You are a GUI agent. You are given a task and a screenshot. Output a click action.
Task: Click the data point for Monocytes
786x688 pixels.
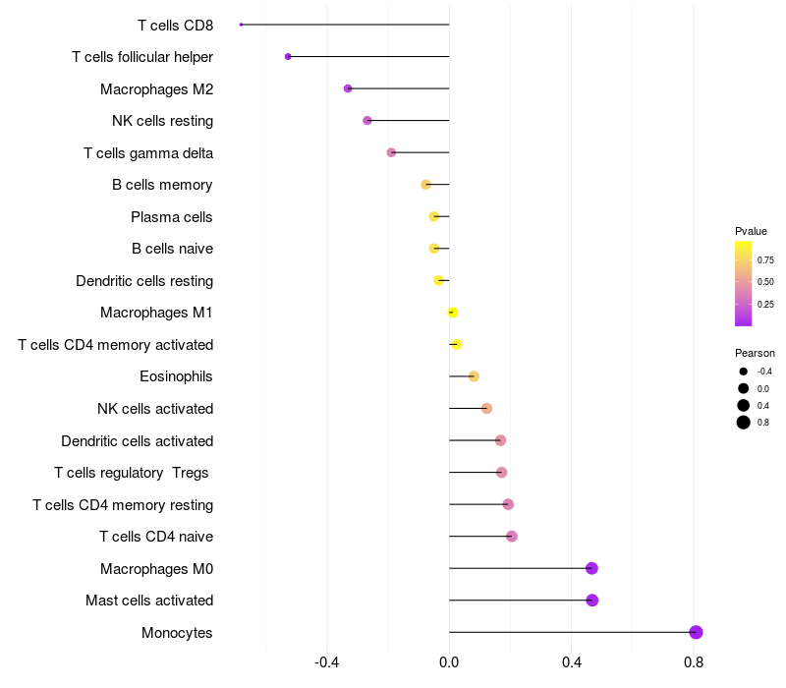click(696, 632)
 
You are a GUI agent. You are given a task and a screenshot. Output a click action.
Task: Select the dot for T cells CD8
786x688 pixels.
click(241, 25)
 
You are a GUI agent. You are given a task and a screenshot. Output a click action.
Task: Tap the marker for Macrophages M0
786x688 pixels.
click(591, 568)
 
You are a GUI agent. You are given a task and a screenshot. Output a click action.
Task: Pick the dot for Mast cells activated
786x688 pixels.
click(592, 601)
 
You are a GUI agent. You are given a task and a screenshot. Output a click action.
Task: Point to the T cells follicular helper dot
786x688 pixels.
click(288, 56)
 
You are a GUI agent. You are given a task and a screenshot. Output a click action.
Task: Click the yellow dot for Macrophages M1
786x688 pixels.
click(452, 313)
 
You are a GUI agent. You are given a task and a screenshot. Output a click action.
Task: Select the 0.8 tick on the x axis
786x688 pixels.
click(694, 662)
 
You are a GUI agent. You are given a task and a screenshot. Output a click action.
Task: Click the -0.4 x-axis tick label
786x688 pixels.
click(326, 662)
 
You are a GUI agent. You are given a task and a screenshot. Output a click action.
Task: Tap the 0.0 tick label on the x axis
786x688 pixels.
click(449, 662)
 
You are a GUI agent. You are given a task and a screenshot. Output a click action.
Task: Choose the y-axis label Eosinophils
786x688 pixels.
click(176, 376)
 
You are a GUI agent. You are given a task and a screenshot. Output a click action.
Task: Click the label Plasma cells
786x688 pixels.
click(171, 216)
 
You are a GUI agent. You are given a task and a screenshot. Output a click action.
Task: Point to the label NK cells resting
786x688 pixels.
click(162, 121)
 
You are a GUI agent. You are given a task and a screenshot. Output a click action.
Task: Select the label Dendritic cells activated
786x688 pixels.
click(137, 440)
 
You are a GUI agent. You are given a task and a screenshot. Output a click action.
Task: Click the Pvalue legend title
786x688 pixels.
click(751, 231)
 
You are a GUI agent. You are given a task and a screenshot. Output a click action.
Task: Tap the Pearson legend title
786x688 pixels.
click(755, 353)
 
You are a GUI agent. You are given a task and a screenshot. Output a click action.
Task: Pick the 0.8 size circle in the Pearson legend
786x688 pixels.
click(744, 423)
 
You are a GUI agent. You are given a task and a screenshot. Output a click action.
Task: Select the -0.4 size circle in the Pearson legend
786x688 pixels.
click(744, 372)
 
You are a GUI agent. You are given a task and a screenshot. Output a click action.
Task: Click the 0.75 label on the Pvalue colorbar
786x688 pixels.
click(765, 260)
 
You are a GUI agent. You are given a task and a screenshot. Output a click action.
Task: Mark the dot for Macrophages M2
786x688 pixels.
click(348, 88)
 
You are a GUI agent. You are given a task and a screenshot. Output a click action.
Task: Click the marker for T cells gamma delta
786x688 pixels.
click(391, 152)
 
